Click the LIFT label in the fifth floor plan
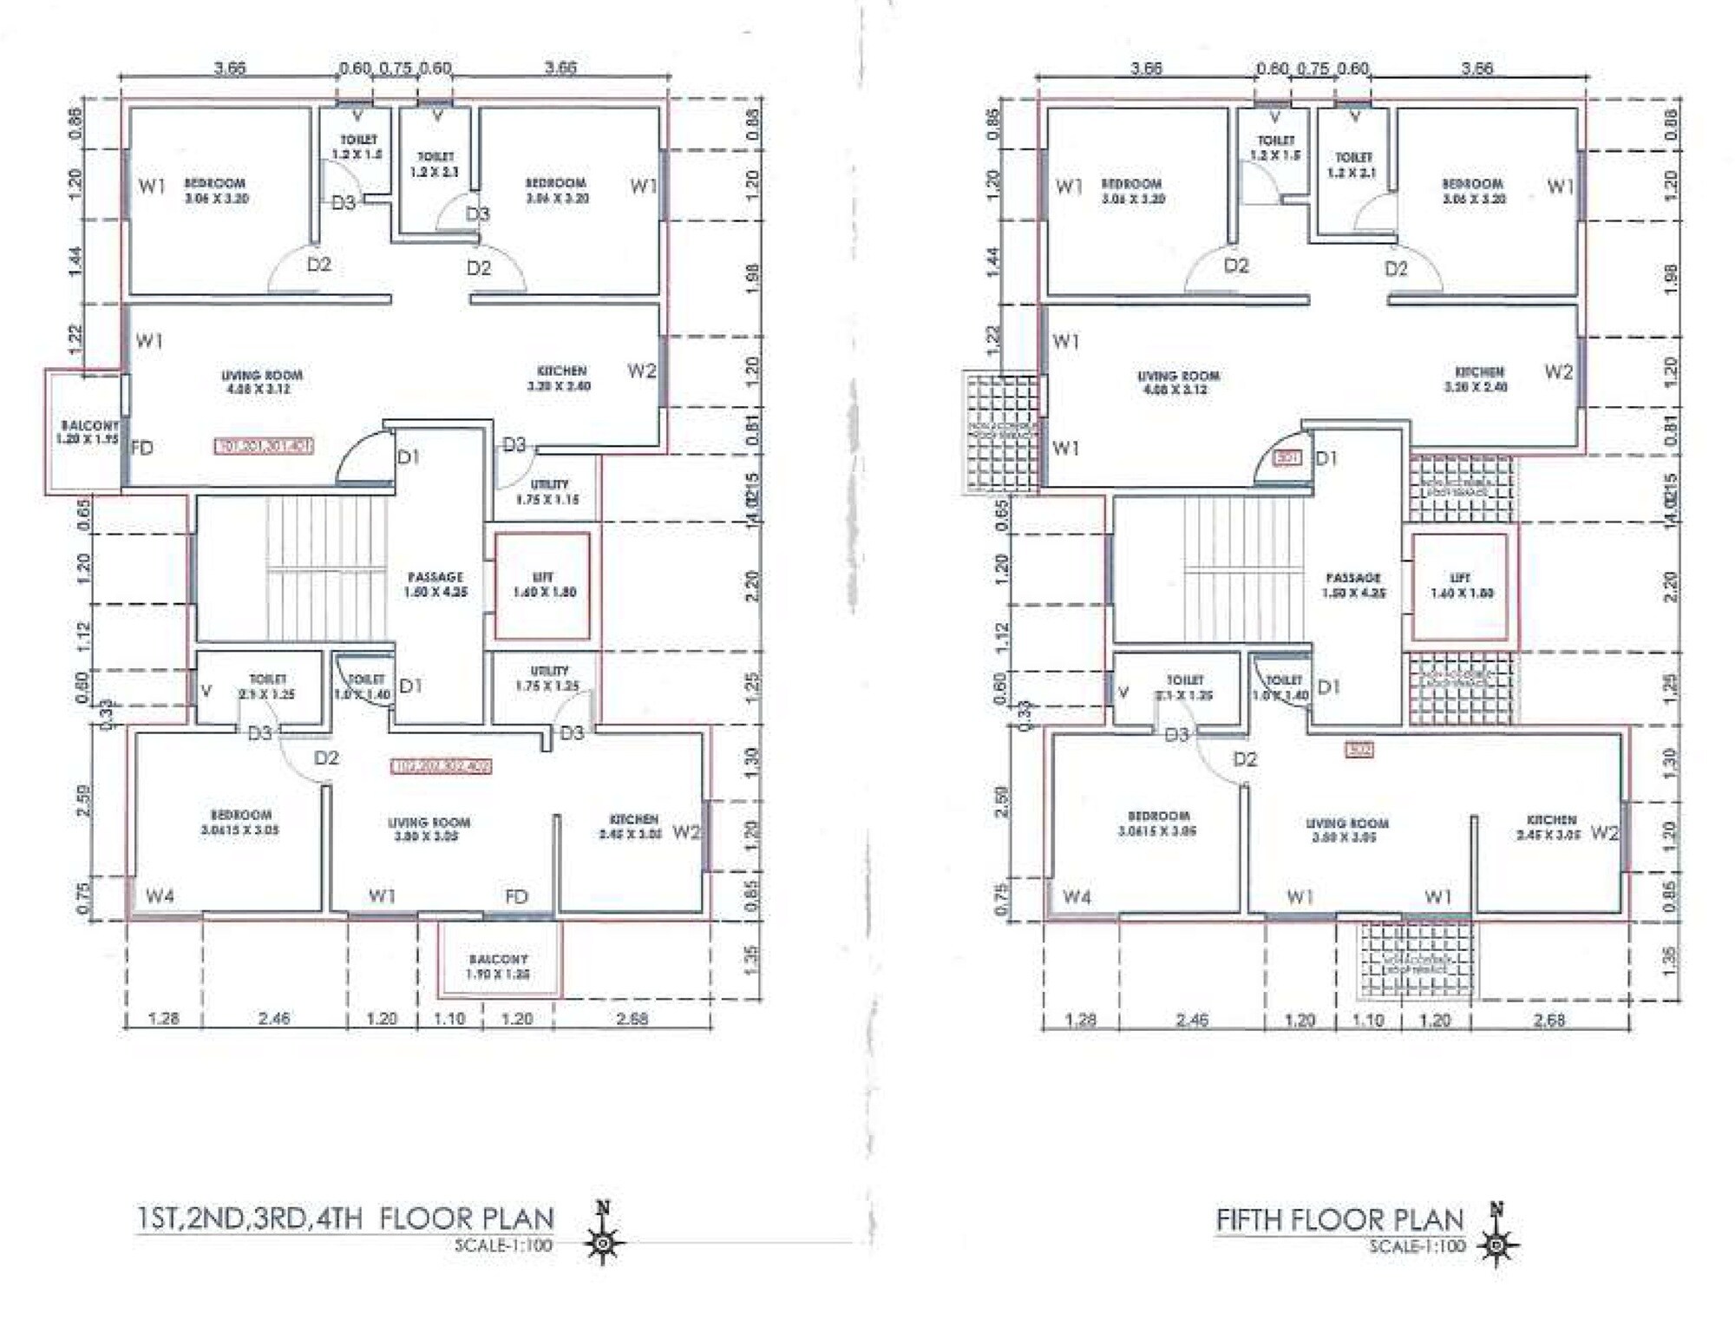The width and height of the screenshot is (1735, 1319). pyautogui.click(x=1460, y=585)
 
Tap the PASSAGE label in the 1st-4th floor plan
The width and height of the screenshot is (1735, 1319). pyautogui.click(x=435, y=584)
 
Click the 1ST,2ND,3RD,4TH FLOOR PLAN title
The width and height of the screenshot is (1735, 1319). pyautogui.click(x=345, y=1218)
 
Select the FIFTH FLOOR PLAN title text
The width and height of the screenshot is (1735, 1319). pyautogui.click(x=1339, y=1220)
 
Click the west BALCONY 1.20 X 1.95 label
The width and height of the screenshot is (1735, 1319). pyautogui.click(x=87, y=432)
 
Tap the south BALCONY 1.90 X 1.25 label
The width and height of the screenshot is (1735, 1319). pyautogui.click(x=498, y=966)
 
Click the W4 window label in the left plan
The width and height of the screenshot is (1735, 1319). pyautogui.click(x=160, y=896)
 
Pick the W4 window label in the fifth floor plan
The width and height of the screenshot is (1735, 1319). pyautogui.click(x=1077, y=896)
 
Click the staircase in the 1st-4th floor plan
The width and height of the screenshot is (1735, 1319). pyautogui.click(x=327, y=568)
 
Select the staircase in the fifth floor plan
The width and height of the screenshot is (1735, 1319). pyautogui.click(x=1244, y=569)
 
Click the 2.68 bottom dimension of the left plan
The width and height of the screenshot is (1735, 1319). pyautogui.click(x=632, y=1018)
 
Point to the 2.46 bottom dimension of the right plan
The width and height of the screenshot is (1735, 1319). pyautogui.click(x=1191, y=1020)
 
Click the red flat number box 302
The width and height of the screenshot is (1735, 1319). pyautogui.click(x=1359, y=749)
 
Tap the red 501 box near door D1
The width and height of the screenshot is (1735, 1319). pyautogui.click(x=1288, y=457)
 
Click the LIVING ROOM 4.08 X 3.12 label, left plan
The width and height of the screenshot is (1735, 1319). pyautogui.click(x=261, y=382)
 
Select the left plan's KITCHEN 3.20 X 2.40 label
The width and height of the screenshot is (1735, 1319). pyautogui.click(x=560, y=377)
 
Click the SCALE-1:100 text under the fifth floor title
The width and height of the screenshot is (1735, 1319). pyautogui.click(x=1417, y=1246)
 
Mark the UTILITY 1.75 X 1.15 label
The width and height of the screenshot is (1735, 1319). pyautogui.click(x=547, y=491)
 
